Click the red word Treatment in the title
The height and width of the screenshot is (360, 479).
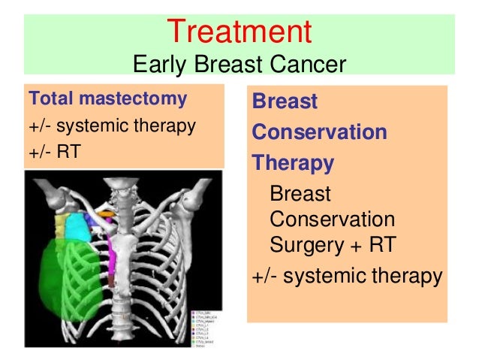(x=239, y=32)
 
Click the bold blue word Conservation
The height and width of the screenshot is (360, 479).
(x=319, y=133)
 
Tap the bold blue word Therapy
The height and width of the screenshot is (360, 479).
(x=293, y=163)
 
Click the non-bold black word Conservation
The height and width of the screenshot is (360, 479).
(x=331, y=220)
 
